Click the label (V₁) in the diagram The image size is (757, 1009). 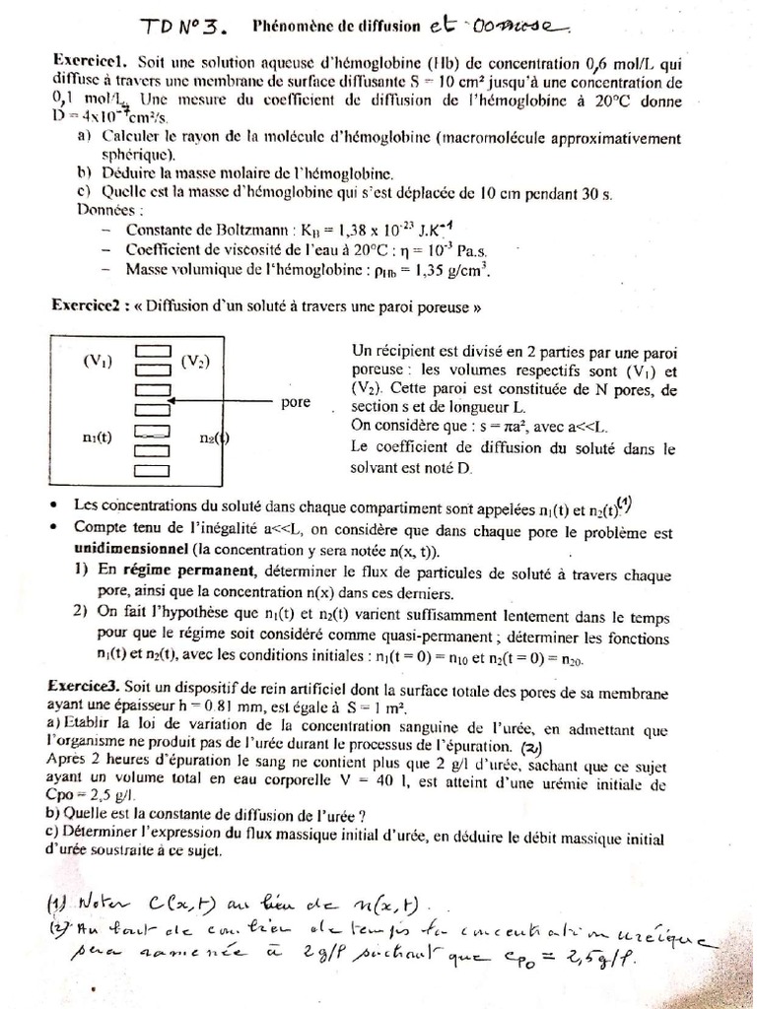(x=98, y=361)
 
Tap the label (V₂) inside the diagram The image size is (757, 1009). (x=194, y=361)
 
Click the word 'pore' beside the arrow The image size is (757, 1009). (x=297, y=403)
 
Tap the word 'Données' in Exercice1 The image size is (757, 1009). (x=108, y=210)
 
